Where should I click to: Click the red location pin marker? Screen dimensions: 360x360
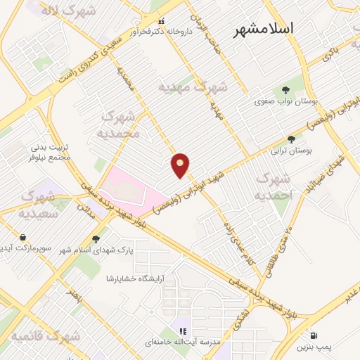point(181,165)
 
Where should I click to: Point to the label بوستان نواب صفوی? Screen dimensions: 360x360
point(286,101)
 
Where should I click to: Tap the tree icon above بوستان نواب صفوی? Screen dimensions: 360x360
point(285,89)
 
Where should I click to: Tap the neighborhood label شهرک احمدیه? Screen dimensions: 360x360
point(272,186)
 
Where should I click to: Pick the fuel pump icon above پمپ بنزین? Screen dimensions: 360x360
point(312,335)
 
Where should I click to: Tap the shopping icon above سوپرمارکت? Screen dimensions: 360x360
point(24,238)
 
